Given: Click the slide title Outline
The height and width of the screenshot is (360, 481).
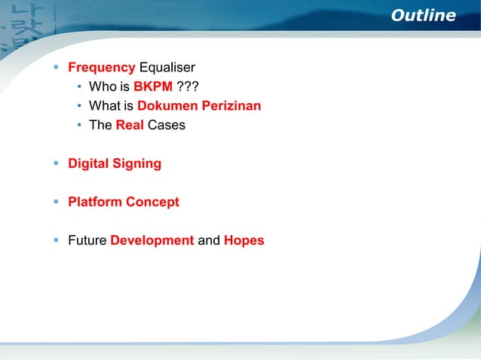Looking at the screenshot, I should tap(423, 16).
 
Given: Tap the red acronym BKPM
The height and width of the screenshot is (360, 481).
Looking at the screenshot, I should tap(153, 87).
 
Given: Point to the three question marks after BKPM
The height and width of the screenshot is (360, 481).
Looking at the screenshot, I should tap(187, 87).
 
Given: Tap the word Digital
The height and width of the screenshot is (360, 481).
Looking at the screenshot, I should tap(89, 163).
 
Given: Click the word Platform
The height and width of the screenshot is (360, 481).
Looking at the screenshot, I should tap(95, 202).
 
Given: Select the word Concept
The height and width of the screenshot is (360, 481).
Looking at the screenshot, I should tap(153, 202).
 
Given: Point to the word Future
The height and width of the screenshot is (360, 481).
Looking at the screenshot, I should tap(87, 241).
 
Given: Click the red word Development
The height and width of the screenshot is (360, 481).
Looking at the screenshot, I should tap(152, 241).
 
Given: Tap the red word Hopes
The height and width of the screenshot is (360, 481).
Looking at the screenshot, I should tap(244, 241).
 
